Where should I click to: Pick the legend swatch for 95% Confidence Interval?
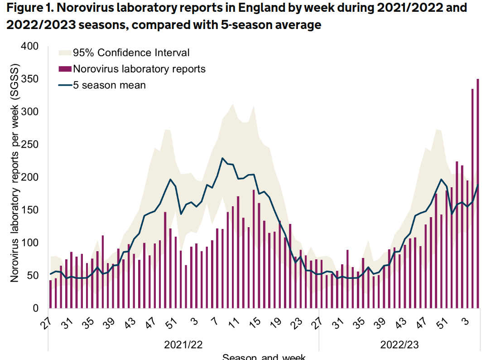(x=65, y=53)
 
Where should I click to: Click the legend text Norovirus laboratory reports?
(x=139, y=69)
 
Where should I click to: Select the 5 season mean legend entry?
(x=109, y=85)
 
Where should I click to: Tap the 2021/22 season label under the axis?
(x=183, y=345)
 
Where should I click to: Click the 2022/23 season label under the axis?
(x=399, y=345)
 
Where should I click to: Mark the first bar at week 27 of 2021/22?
(x=50, y=294)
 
